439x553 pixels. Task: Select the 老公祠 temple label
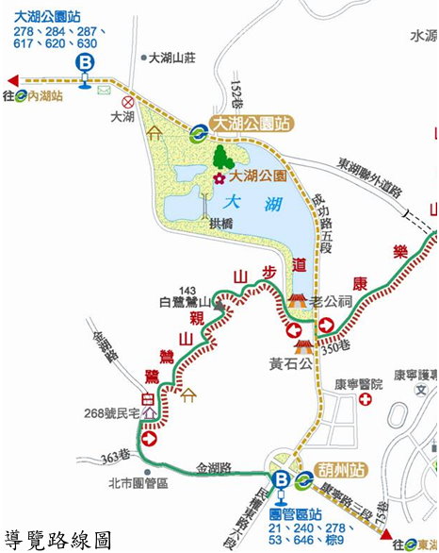[x=331, y=301]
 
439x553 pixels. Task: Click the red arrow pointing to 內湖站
[x=11, y=79]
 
